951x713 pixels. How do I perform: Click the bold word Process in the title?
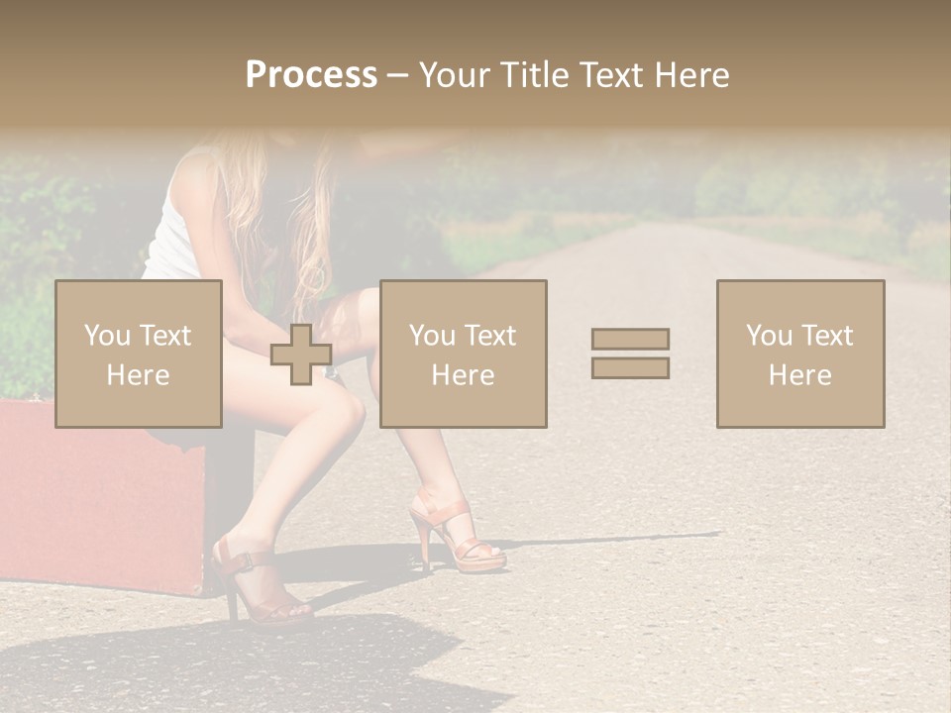point(311,75)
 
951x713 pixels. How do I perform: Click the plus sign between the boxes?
point(301,355)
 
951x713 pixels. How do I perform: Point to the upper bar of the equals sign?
point(630,339)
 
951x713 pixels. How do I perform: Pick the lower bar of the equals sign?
point(630,368)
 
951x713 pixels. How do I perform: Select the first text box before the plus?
point(139,354)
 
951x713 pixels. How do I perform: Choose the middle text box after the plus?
point(464,354)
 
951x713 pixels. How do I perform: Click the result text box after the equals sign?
point(800,354)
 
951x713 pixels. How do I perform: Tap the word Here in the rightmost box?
point(800,375)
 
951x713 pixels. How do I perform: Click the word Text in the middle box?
point(489,336)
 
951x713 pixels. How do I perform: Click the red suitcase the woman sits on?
point(99,495)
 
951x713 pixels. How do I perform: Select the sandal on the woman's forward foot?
point(461,535)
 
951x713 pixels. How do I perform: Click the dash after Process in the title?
point(397,75)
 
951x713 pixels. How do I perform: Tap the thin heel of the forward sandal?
point(427,549)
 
